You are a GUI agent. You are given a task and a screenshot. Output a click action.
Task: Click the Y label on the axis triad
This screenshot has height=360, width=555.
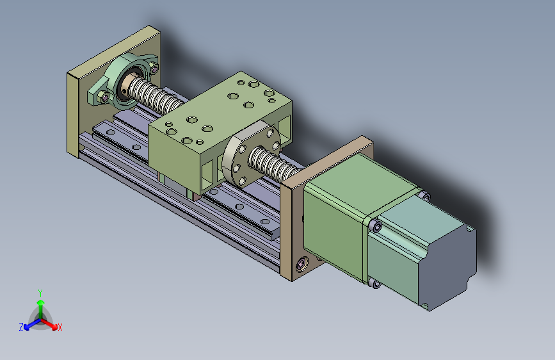point(40,292)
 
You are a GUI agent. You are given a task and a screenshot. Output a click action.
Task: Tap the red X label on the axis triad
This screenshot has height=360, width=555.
point(60,327)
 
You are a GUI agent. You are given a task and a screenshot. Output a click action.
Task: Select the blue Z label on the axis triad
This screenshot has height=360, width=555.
point(21,327)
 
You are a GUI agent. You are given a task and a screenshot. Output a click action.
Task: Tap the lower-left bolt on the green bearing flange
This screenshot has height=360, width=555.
point(103,98)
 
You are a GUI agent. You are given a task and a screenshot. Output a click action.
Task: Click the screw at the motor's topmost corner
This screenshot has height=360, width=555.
point(424,195)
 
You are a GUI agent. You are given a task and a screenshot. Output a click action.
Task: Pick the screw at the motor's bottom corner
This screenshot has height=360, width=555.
point(374,283)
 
